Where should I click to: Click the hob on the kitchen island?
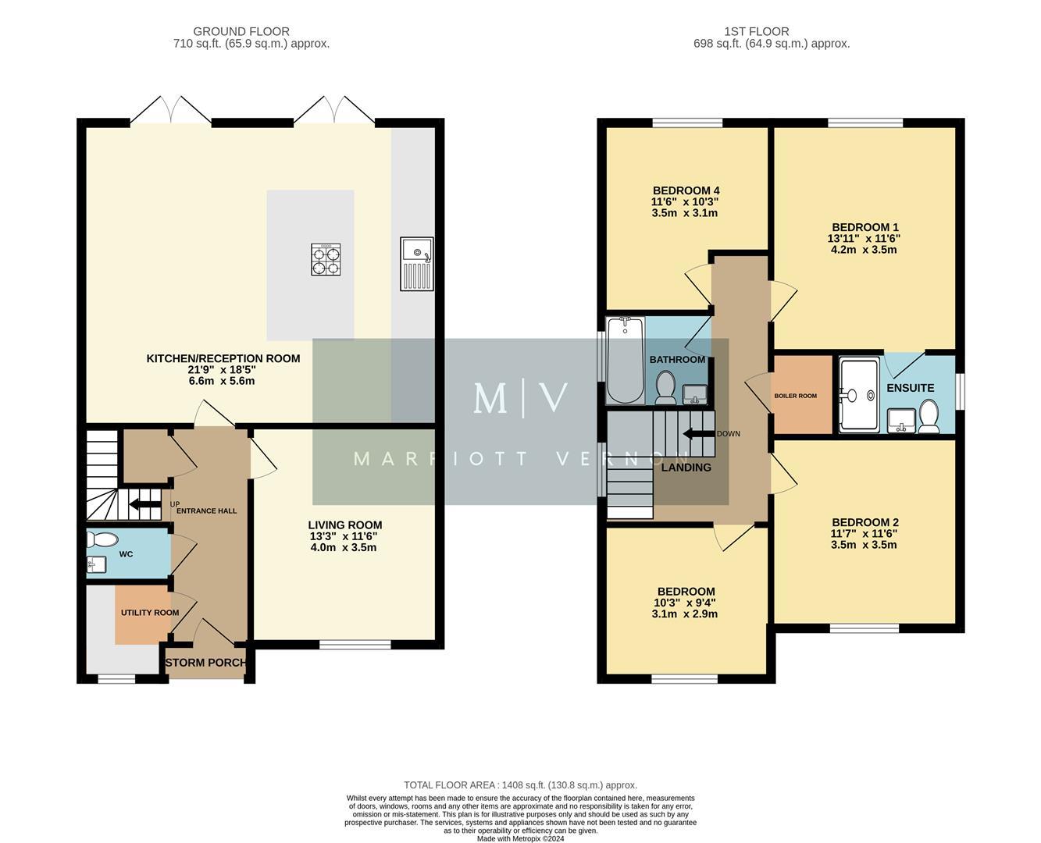[326, 259]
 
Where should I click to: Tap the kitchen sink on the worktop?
[417, 264]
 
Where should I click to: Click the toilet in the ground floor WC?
[102, 539]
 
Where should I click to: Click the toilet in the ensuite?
[929, 415]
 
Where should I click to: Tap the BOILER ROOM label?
[795, 396]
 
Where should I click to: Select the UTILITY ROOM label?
[150, 613]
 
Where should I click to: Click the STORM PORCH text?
[206, 663]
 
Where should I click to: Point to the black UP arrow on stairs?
[144, 504]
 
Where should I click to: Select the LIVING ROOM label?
[344, 525]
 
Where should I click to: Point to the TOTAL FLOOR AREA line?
[520, 785]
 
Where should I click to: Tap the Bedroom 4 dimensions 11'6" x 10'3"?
[685, 201]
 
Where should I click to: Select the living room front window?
[355, 645]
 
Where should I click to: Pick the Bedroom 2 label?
[865, 522]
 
